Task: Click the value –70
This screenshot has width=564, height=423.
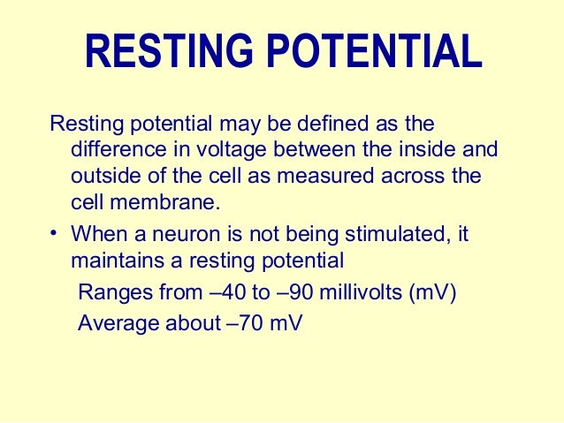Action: pyautogui.click(x=247, y=322)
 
